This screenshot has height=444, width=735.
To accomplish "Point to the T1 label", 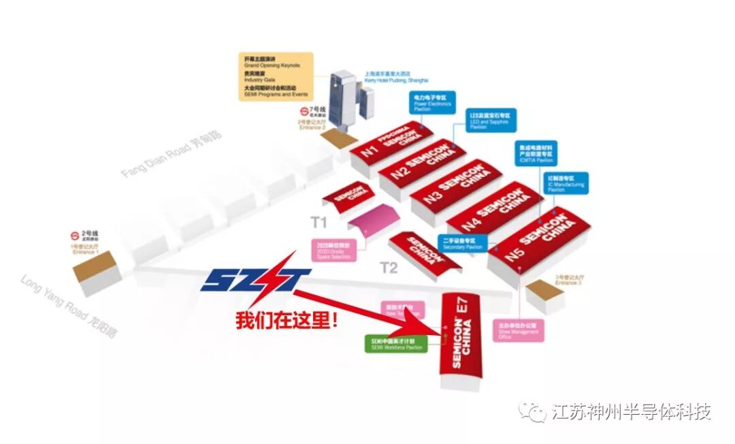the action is pyautogui.click(x=318, y=222).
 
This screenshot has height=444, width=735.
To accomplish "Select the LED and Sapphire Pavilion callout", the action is pyautogui.click(x=491, y=120).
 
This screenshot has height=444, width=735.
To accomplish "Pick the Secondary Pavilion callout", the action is pyautogui.click(x=464, y=244).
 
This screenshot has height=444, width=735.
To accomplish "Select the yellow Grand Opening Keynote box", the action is pyautogui.click(x=276, y=76).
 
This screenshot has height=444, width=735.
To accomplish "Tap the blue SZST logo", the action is pyautogui.click(x=255, y=279).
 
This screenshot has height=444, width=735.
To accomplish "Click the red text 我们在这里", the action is pyautogui.click(x=287, y=320).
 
